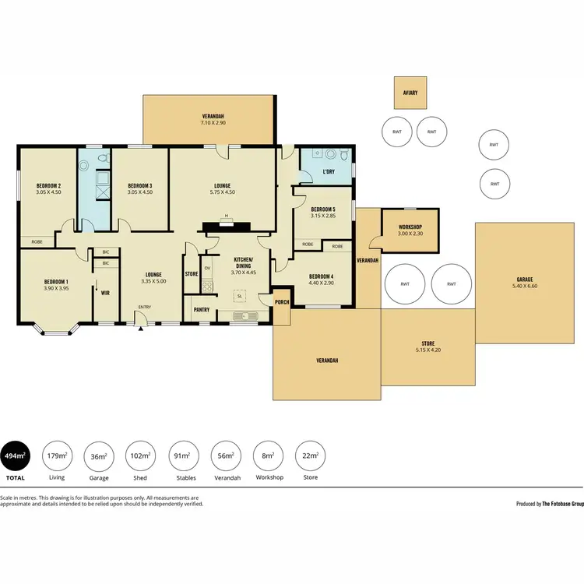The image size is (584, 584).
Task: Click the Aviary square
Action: point(410,93)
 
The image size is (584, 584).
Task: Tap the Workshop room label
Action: point(408,227)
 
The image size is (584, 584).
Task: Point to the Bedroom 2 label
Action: point(48,185)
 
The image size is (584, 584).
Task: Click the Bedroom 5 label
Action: point(322,209)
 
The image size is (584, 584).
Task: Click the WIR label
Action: point(104,293)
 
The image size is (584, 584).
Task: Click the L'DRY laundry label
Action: point(328,171)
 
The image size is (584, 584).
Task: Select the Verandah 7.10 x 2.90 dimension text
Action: point(213,123)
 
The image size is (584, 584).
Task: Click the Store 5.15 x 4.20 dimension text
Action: point(427,350)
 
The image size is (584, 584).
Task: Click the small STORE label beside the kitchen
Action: point(192,274)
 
